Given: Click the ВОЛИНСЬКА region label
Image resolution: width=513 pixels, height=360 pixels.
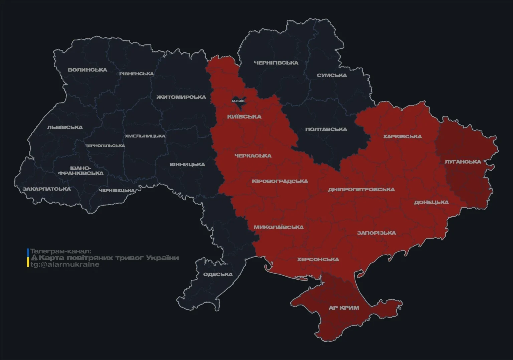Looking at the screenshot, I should (87, 70).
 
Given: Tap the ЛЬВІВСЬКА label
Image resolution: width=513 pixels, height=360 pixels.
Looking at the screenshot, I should (65, 127).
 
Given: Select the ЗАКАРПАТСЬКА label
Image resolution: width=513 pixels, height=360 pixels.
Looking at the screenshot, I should (47, 189).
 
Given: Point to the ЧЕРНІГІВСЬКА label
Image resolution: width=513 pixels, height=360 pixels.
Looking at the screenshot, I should (276, 63).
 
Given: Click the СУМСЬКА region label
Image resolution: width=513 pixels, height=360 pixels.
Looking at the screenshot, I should (332, 75).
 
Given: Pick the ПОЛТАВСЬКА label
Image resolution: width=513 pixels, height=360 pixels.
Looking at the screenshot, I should (326, 129).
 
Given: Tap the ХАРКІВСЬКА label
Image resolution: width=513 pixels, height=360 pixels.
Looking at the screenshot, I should (402, 137).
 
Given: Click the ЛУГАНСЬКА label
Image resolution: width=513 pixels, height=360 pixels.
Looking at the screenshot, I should (463, 162).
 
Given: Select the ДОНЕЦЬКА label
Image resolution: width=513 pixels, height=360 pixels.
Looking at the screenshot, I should (431, 202).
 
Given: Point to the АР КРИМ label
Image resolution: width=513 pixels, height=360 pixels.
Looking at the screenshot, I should (344, 308).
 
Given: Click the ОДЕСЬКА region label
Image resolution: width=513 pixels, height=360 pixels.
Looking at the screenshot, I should (218, 275).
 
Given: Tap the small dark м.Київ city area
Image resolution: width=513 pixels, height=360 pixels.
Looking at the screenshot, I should (238, 101).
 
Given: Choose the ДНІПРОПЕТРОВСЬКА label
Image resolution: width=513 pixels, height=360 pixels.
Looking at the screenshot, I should (361, 190).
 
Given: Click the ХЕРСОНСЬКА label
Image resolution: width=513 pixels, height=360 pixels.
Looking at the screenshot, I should (318, 259).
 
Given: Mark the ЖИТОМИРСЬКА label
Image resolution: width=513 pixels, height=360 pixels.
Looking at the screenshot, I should (181, 97).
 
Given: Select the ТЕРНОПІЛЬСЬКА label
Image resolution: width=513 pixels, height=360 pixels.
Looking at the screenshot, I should (105, 146).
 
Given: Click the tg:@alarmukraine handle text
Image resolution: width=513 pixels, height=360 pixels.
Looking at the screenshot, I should (65, 265).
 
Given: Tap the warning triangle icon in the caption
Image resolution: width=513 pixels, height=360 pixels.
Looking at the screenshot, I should (34, 258).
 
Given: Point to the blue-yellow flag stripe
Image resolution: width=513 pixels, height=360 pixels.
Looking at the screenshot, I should (28, 258).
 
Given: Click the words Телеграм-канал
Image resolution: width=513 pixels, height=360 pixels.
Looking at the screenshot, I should (60, 251).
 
